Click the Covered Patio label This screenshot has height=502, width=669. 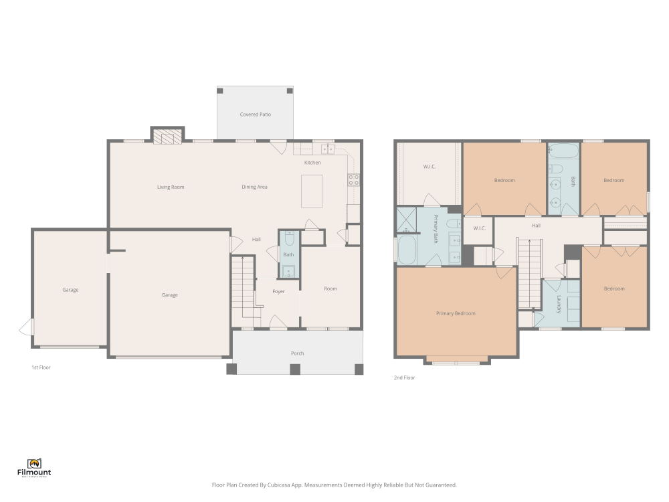point(255,114)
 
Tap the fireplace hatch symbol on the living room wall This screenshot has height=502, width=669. point(165,137)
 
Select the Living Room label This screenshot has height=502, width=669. point(171,187)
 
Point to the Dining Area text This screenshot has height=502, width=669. point(254,187)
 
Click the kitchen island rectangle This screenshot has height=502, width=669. point(312,191)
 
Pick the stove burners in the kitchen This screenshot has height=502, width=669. point(353,179)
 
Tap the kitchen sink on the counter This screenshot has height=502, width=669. point(328,149)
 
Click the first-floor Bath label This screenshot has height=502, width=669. point(288,255)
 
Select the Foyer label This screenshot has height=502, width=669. point(278,292)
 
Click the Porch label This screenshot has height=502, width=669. point(298,353)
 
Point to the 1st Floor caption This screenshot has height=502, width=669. point(41,367)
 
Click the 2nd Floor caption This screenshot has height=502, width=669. point(405,378)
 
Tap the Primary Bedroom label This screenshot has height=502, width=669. point(456,313)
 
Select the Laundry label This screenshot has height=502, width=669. point(559,305)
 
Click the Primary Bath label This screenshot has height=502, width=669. point(436,229)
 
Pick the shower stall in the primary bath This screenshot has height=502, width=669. point(406,220)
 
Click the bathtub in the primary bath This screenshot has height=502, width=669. point(407,250)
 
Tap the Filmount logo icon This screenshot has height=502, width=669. point(34,464)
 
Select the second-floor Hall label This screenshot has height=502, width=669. point(537,226)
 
